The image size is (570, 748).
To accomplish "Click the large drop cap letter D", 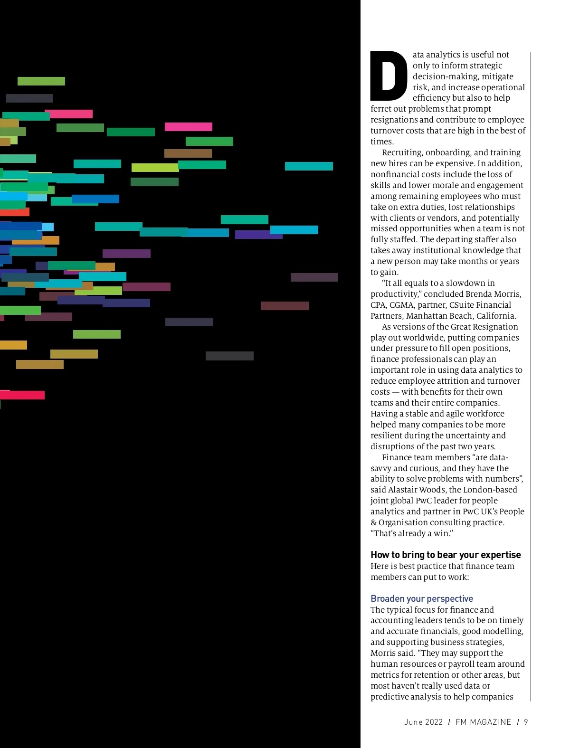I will tap(389, 76).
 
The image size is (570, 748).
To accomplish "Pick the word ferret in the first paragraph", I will tap(381, 109).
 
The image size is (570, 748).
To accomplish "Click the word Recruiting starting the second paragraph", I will tap(403, 152).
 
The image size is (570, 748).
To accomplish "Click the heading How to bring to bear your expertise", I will tap(446, 555).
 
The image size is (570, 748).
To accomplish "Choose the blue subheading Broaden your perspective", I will tap(422, 598).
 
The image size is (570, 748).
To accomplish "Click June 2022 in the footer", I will tap(423, 722).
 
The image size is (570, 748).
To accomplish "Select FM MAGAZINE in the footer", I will tap(483, 722).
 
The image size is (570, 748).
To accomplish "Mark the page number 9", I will tap(526, 722).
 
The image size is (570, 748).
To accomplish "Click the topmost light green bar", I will tap(41, 81).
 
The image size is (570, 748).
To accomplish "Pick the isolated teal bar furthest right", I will tap(309, 166).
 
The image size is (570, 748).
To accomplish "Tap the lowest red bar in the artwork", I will tap(22, 395).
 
